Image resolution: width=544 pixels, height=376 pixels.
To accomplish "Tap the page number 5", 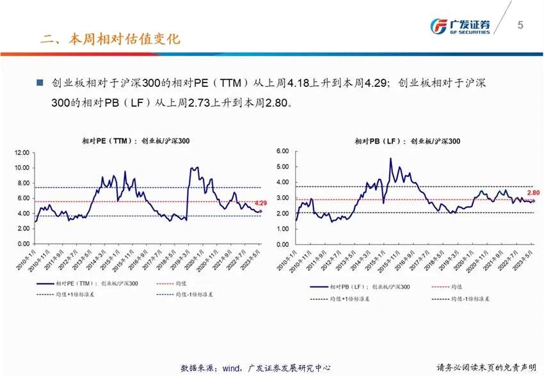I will (520, 25).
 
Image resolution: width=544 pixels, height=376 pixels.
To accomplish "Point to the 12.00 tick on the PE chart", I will (22, 153).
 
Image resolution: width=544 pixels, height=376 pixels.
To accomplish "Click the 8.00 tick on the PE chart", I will (22, 183).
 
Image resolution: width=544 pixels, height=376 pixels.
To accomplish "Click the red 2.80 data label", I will (533, 192).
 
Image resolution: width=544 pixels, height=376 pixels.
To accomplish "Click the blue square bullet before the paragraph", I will (40, 83).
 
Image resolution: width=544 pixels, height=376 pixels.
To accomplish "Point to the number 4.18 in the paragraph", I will (299, 83).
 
